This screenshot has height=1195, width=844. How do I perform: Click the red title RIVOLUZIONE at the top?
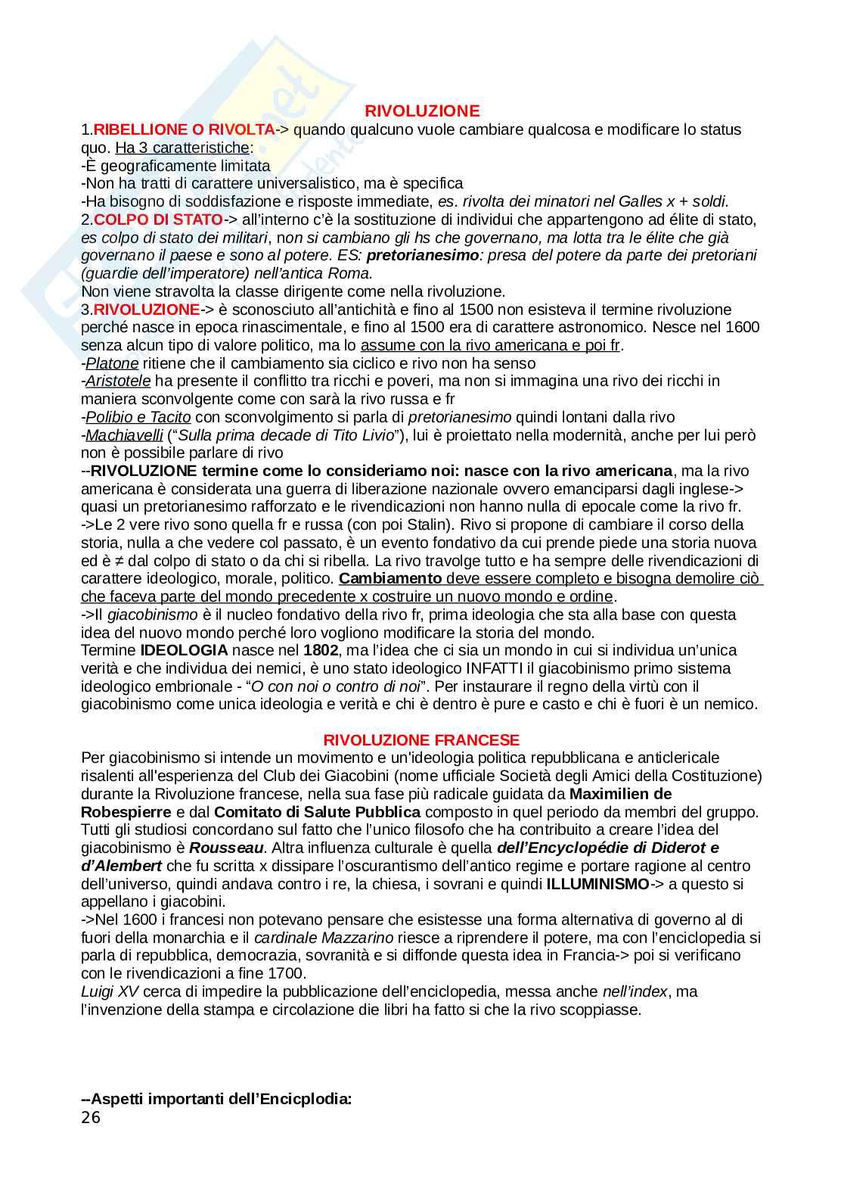click(421, 111)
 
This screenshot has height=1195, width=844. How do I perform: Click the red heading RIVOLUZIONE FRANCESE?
click(421, 739)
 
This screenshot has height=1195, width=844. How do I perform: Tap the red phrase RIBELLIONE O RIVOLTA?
click(184, 129)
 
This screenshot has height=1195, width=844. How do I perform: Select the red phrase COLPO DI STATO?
click(158, 219)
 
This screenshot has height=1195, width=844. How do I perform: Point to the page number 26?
click(91, 1117)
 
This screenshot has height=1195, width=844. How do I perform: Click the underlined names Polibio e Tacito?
click(138, 417)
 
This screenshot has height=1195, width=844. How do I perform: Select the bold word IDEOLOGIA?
click(184, 650)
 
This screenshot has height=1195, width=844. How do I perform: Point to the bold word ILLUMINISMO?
click(597, 884)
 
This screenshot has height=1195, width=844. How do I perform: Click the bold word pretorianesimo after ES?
click(422, 255)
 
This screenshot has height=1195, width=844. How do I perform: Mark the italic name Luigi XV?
click(110, 991)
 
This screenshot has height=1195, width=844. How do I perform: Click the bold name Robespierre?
click(126, 812)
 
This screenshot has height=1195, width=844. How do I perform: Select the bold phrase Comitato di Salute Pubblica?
click(317, 812)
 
